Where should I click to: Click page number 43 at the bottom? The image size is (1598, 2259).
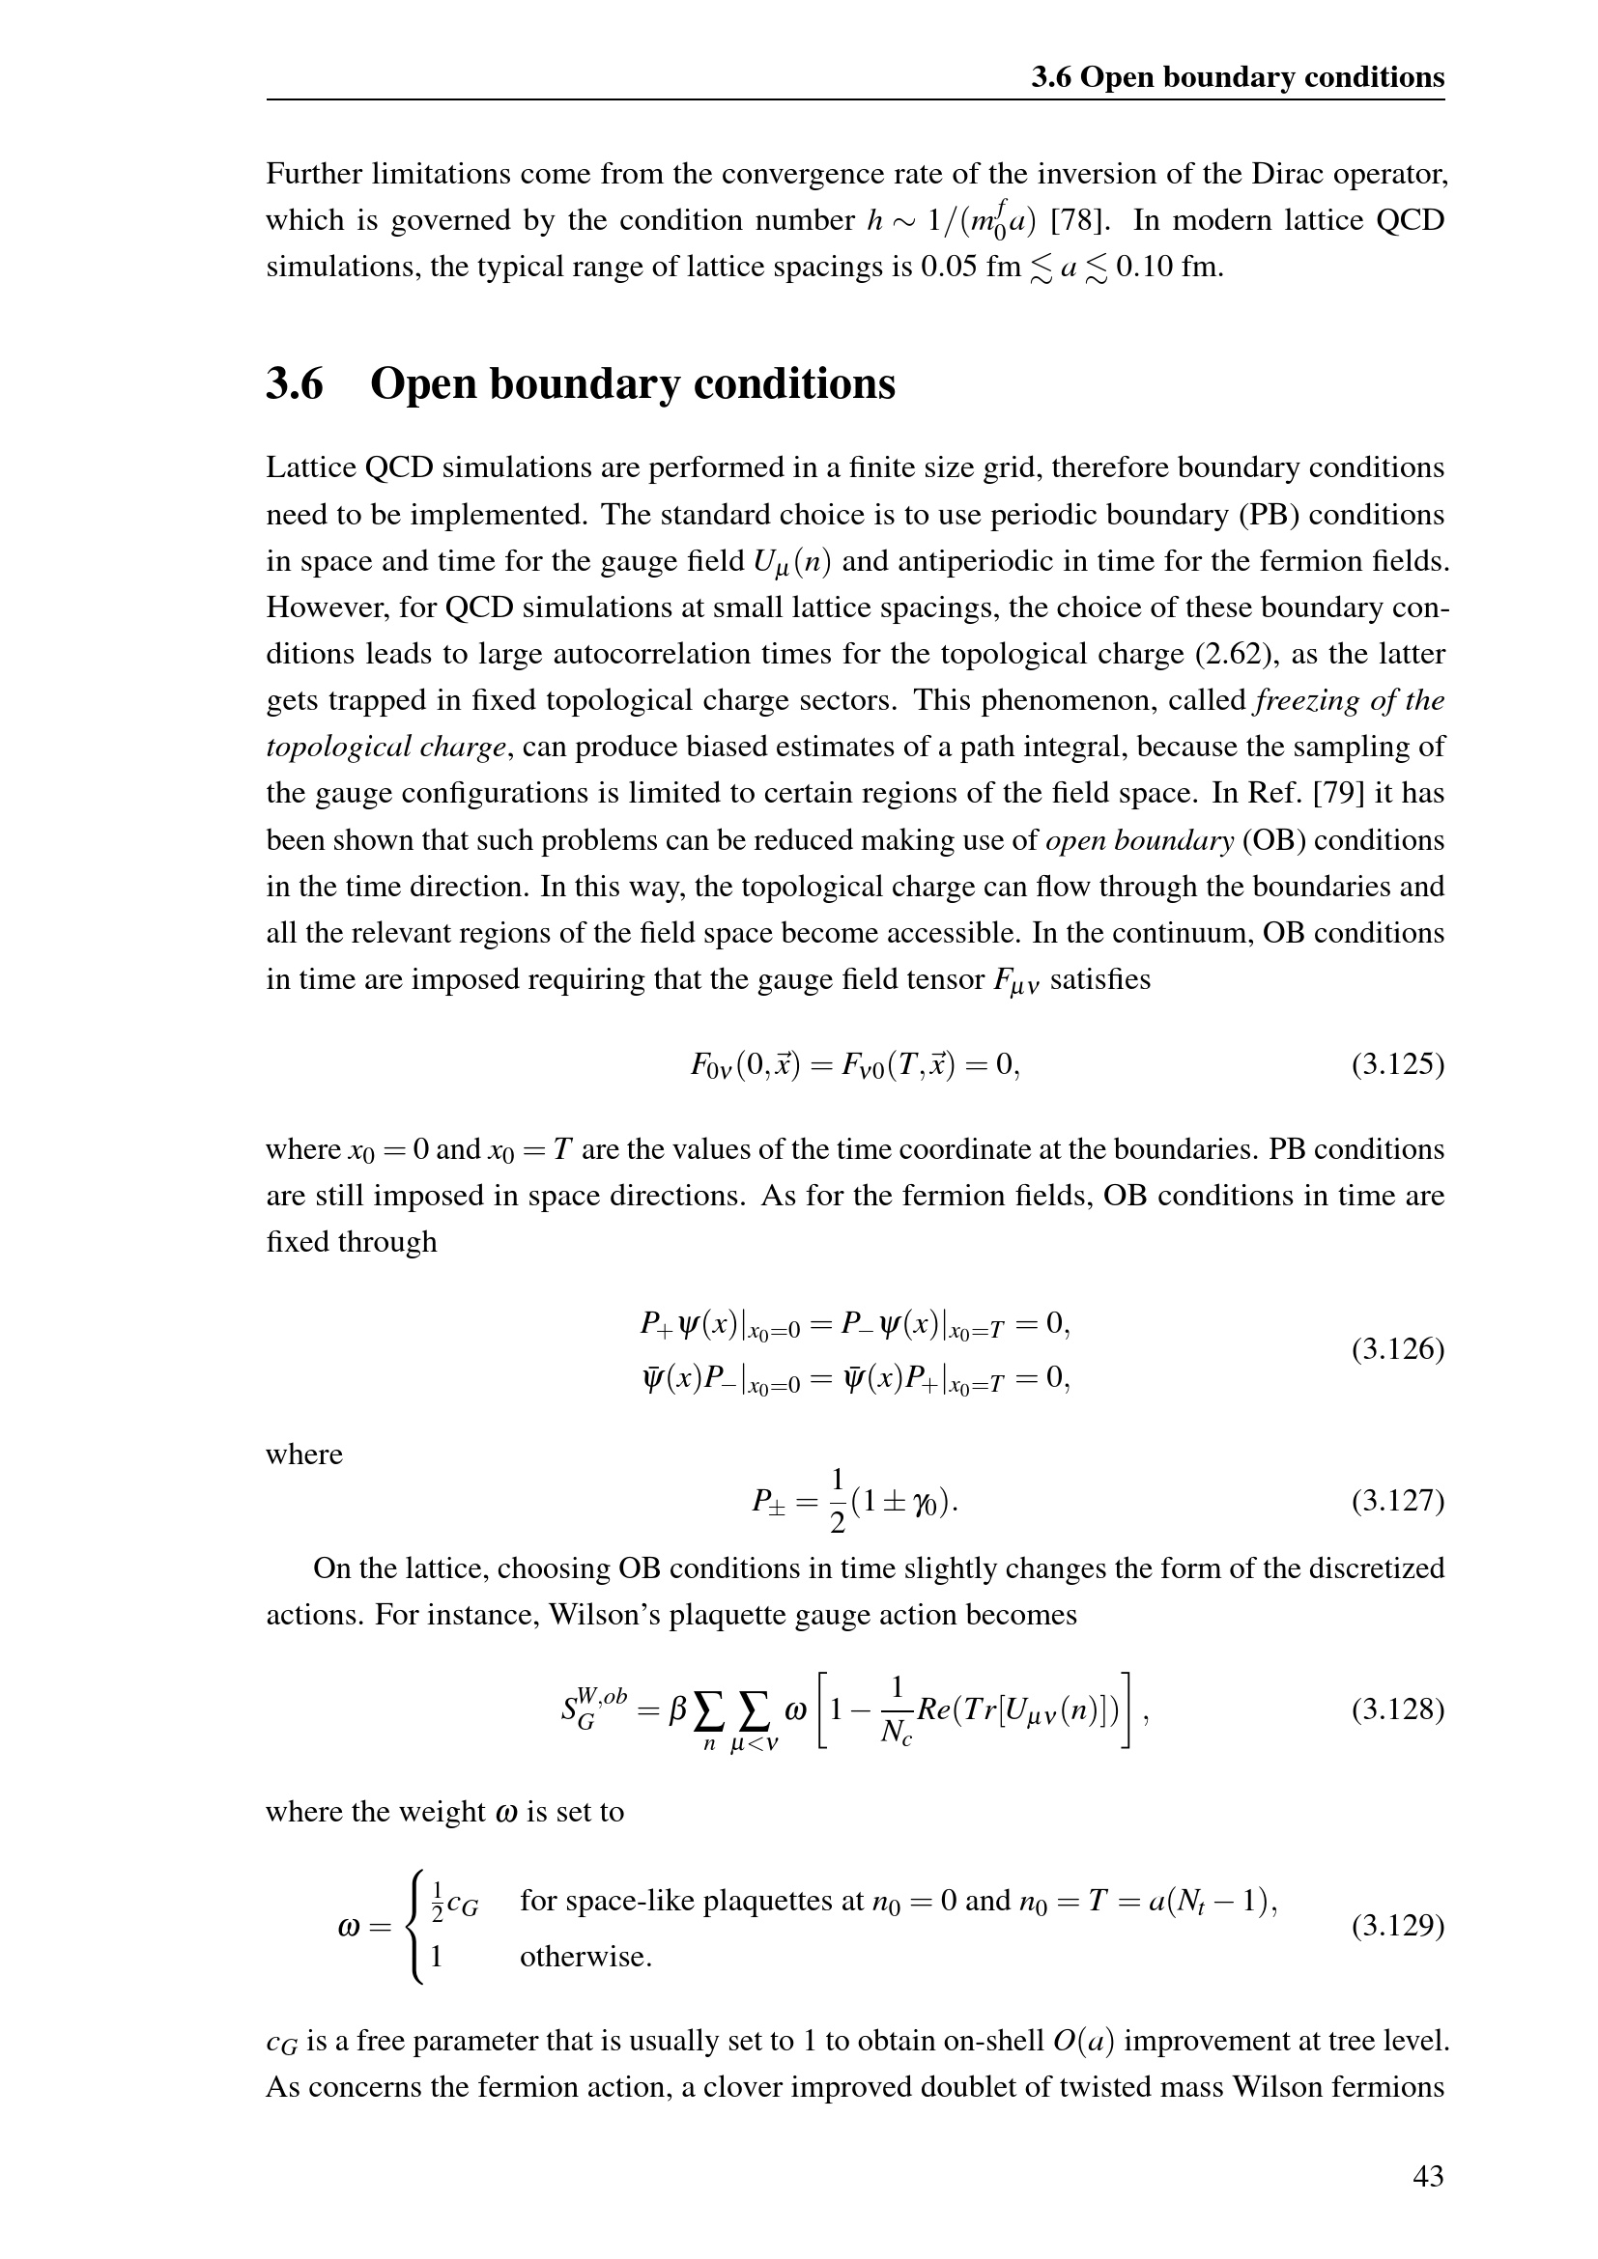(1428, 2175)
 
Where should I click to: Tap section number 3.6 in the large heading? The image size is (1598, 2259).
(295, 383)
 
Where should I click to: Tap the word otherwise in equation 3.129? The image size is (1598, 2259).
(585, 1957)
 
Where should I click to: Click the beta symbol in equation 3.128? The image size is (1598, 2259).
(677, 1712)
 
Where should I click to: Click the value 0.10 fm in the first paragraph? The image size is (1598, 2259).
(1169, 267)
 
